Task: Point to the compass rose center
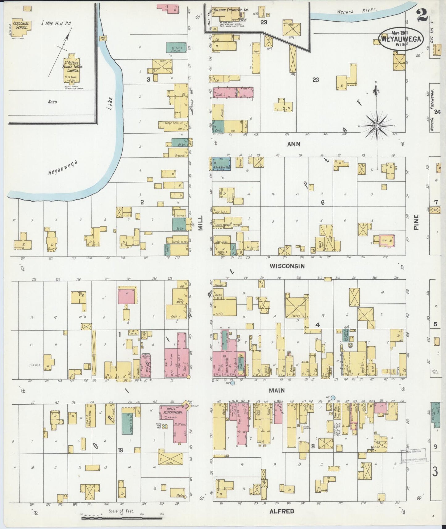(x=377, y=126)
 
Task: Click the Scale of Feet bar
(x=122, y=518)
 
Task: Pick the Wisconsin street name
(x=287, y=266)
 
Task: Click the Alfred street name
(x=281, y=511)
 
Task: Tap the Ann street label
(x=294, y=144)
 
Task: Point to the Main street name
(x=277, y=390)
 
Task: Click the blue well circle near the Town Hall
(x=333, y=398)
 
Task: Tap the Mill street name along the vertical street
(x=201, y=223)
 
